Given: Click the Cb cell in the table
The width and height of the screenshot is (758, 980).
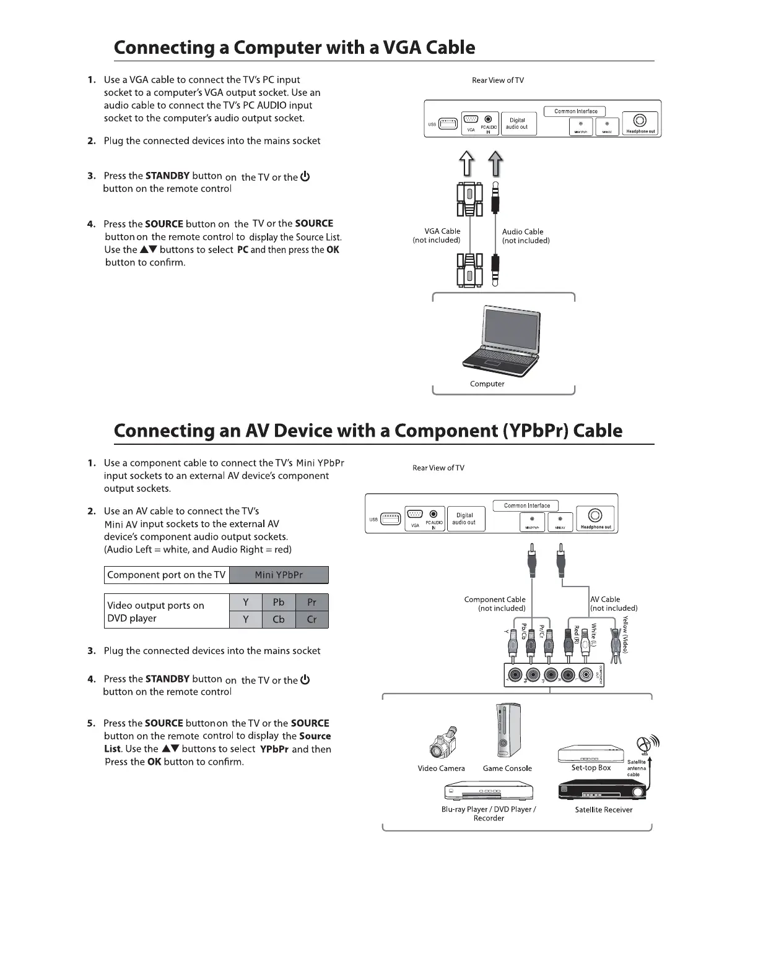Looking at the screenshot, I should (x=279, y=619).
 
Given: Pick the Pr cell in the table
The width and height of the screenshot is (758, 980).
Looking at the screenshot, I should (x=311, y=602).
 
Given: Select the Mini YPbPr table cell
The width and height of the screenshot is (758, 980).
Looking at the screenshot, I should (x=279, y=575).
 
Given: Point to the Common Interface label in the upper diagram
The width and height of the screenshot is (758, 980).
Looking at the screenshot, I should (x=575, y=111).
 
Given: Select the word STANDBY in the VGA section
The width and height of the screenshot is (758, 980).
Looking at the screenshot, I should (x=167, y=176).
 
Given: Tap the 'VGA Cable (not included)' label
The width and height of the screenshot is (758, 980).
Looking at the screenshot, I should (x=437, y=236).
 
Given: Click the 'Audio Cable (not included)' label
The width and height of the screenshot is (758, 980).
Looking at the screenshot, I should (x=525, y=236).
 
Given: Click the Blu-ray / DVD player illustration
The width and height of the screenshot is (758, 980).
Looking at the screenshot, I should (x=489, y=790).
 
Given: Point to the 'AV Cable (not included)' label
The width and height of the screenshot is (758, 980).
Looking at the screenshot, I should (x=613, y=604).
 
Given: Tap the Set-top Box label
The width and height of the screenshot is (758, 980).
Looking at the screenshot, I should (x=591, y=768).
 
